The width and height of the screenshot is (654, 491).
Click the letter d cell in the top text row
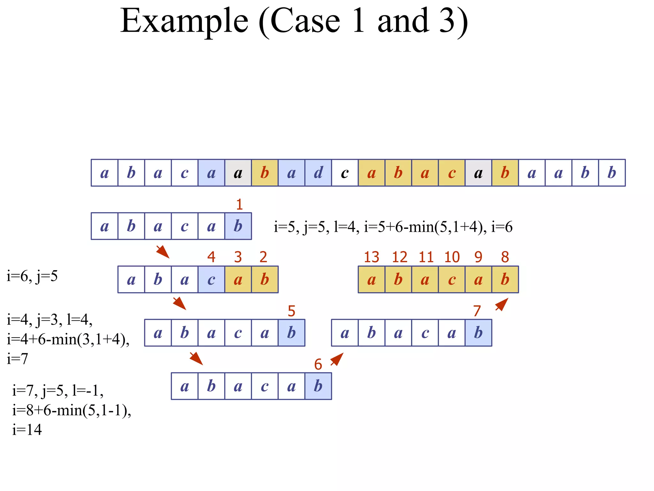coord(318,173)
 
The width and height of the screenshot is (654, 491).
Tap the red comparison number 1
coord(239,205)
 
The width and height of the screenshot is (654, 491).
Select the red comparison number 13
coord(371,257)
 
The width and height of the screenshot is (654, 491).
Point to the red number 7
coord(477,311)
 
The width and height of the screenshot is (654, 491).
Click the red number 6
coord(318,364)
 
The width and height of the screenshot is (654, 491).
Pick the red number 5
coord(291,311)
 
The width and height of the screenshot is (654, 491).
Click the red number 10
coord(452,257)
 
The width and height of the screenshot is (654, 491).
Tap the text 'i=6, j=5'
coord(32,276)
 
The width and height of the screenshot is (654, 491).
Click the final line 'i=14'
coord(27,430)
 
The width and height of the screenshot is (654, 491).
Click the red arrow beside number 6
coord(337,359)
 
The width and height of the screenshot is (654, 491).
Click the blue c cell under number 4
coord(211,280)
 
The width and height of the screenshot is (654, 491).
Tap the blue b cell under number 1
coord(238,226)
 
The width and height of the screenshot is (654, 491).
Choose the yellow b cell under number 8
coord(505,280)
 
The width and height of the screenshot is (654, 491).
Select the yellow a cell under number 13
coord(371,280)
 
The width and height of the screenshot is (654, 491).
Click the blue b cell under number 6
coord(318,386)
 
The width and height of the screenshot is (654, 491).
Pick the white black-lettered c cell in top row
coord(345,173)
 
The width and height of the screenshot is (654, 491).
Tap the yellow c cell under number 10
coord(452,280)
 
